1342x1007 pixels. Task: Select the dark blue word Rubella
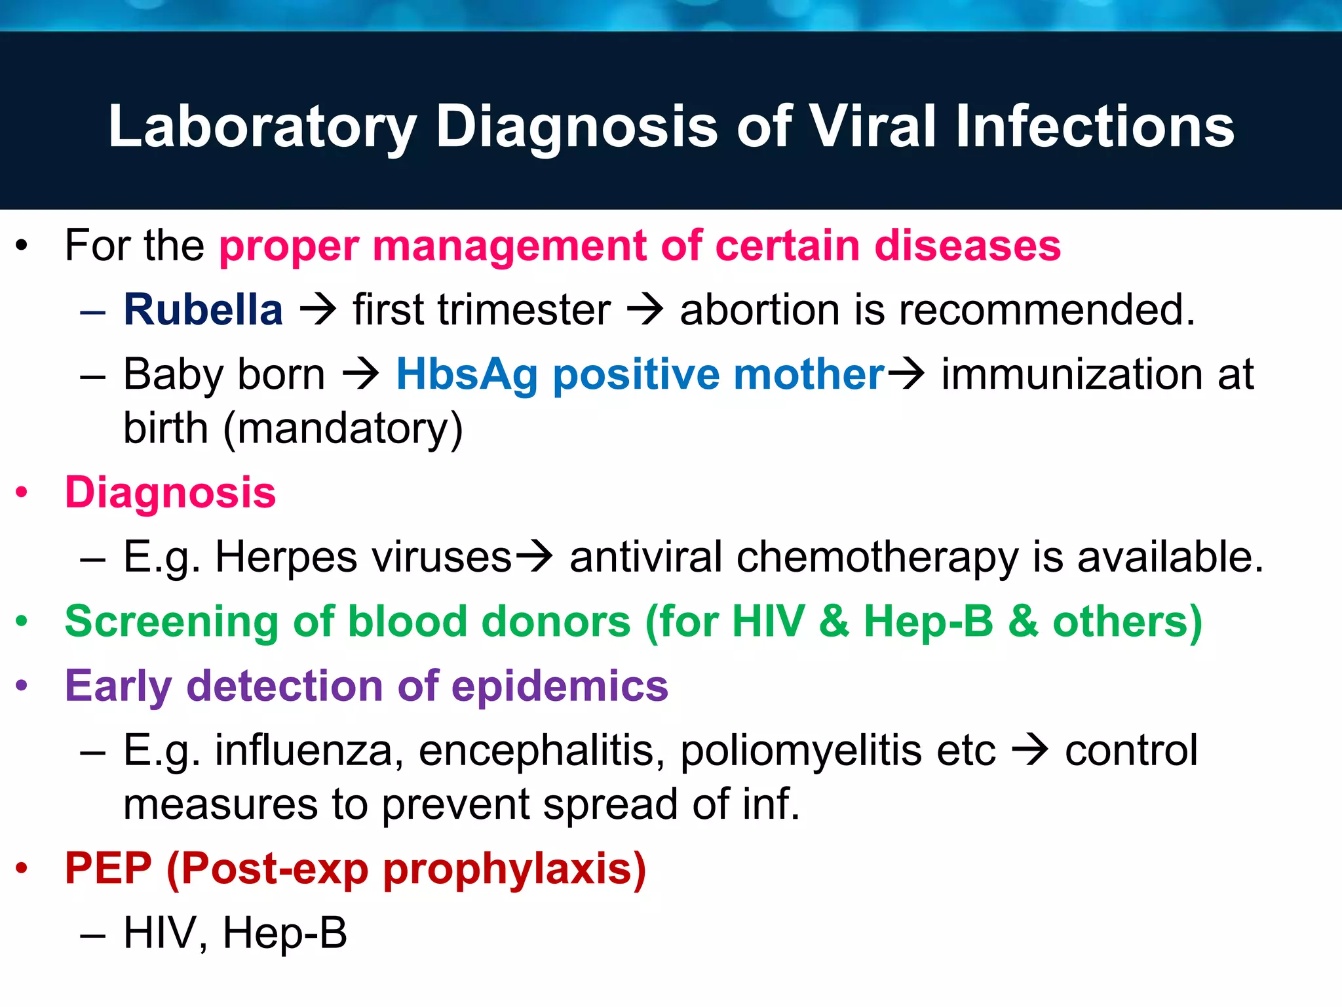[203, 309]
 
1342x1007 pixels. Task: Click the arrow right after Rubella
[318, 309]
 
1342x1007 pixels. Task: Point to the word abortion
[759, 309]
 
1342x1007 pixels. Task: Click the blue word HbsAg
[467, 375]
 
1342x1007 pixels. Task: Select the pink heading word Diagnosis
[170, 492]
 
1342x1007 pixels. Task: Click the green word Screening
[172, 622]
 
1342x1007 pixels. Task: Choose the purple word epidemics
[560, 686]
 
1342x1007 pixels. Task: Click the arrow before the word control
[1030, 750]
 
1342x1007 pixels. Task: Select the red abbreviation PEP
[108, 868]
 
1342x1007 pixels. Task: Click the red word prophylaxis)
[514, 869]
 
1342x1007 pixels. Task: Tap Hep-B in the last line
[284, 932]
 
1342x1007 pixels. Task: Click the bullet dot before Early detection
[22, 686]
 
